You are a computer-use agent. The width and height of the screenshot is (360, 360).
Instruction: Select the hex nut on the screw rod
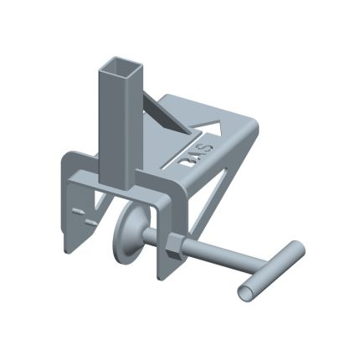point(170,245)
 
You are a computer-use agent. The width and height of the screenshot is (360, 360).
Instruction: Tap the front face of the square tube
point(111,126)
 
